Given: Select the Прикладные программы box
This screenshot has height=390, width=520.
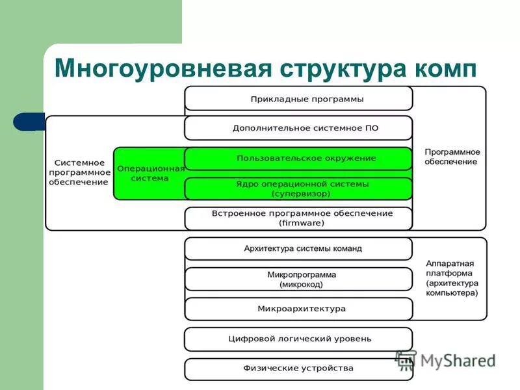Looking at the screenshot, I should (298, 99).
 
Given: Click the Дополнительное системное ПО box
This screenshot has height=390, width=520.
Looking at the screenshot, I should (298, 128).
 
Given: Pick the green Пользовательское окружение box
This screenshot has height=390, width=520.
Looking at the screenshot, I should (298, 158).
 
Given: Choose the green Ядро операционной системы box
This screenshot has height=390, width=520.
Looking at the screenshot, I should (298, 188).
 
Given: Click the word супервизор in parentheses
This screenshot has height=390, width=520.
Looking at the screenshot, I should (302, 194).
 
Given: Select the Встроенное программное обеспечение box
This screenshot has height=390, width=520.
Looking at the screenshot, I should (298, 218).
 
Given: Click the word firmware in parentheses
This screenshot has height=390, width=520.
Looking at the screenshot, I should (302, 223).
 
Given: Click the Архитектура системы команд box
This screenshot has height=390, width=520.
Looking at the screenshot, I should (298, 248).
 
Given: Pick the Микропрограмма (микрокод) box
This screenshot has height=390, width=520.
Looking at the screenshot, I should (298, 279).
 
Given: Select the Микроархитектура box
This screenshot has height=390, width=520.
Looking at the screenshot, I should (298, 309).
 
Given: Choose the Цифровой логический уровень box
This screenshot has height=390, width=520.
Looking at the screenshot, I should (298, 339).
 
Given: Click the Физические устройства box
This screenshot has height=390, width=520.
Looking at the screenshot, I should (298, 369).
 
